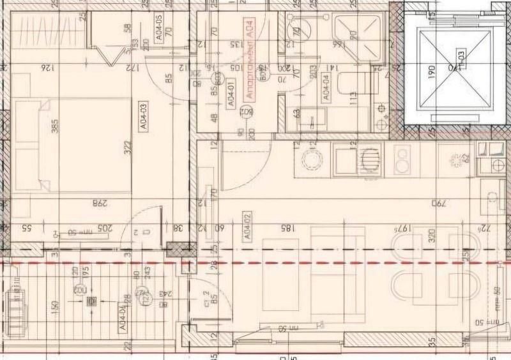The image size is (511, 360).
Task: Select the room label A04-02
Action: pyautogui.click(x=246, y=227)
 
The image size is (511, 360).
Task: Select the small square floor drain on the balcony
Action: pyautogui.click(x=91, y=301)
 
